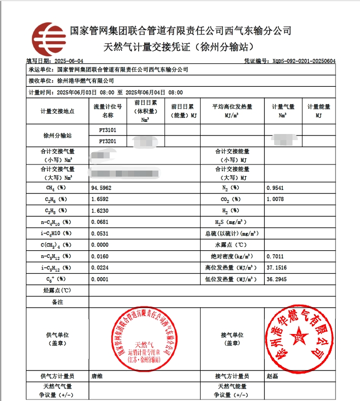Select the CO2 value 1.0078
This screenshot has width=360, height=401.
click(x=277, y=199)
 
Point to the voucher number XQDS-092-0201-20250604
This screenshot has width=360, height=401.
click(x=303, y=61)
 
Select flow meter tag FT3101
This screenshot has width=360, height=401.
click(x=108, y=130)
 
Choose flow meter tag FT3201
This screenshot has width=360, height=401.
click(x=108, y=141)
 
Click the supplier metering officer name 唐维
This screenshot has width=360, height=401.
click(x=97, y=376)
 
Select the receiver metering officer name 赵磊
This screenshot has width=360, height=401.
click(x=272, y=376)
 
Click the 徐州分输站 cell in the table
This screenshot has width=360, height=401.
click(x=57, y=136)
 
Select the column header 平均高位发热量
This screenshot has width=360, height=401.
click(x=232, y=107)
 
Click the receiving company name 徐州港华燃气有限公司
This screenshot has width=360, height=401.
click(x=85, y=80)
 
